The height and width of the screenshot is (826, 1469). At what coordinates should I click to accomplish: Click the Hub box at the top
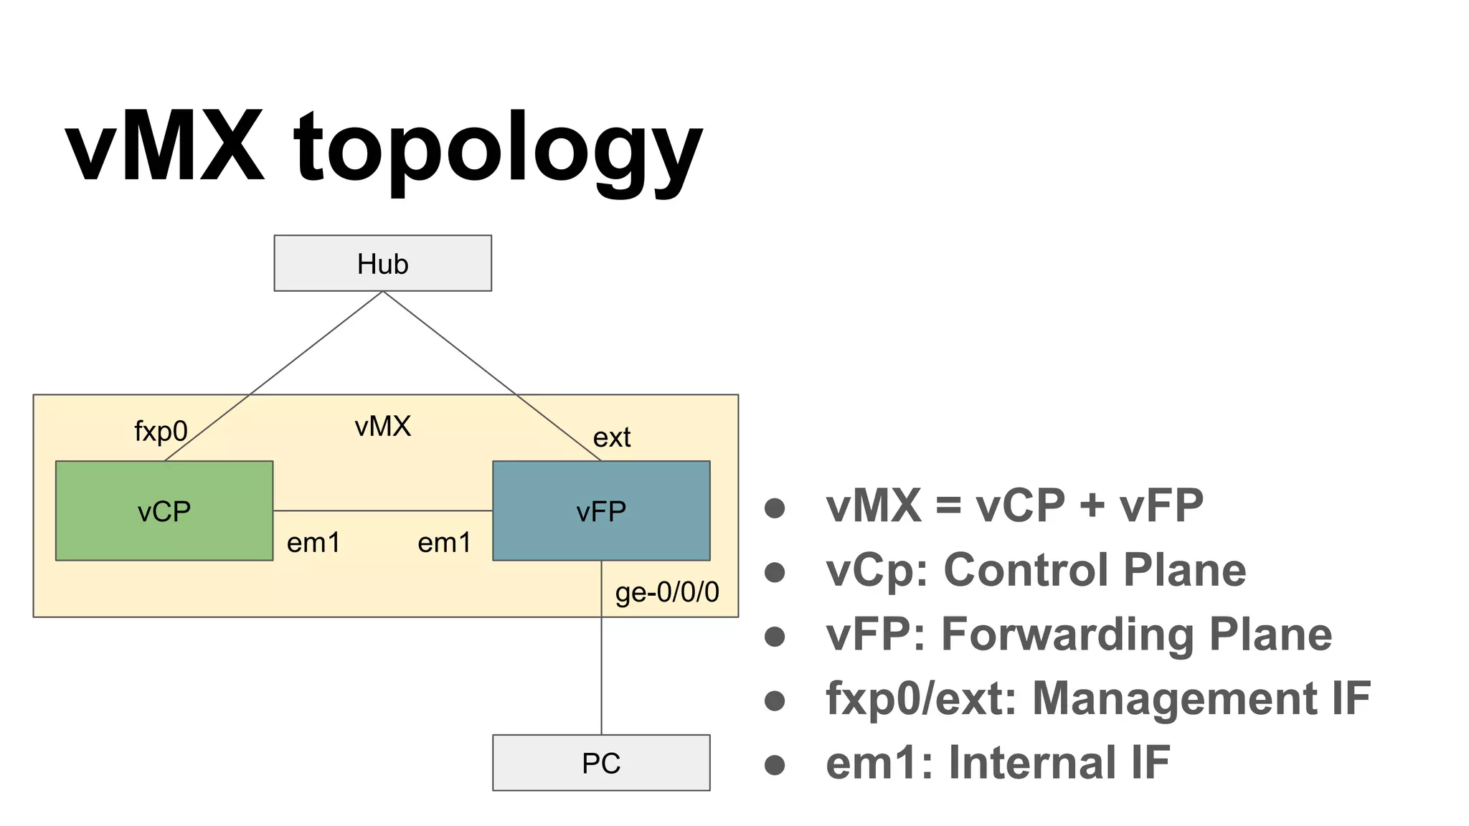382,263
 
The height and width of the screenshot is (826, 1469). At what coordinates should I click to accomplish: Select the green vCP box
164,511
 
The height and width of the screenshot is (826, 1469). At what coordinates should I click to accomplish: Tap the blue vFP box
601,511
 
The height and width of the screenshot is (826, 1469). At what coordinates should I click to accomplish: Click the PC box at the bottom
601,763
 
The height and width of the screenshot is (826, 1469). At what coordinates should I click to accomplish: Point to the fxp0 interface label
161,431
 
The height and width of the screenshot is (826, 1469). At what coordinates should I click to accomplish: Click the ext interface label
611,437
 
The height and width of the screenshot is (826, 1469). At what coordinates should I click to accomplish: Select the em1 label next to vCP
313,543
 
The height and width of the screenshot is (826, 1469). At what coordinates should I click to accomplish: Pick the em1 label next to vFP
445,543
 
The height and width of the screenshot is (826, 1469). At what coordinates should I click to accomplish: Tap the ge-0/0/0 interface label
667,592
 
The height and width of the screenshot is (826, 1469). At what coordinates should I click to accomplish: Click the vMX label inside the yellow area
382,427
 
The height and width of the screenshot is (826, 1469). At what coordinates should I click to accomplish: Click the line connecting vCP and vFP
382,511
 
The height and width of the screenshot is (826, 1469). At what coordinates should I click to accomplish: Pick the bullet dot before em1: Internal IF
775,764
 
